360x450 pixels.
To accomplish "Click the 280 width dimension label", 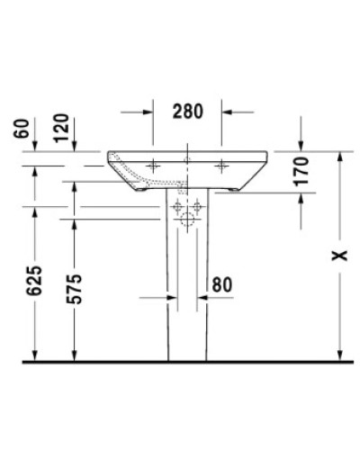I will tap(187, 112).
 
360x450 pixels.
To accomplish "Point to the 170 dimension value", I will tap(302, 169).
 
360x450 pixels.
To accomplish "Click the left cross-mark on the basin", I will tap(153, 166).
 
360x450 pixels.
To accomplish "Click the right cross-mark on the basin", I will tap(222, 166).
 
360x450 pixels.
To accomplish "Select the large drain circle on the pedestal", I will tap(188, 220).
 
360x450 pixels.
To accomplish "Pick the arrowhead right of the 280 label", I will tap(227, 112).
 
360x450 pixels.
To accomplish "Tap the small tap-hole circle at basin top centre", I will tap(188, 159).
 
